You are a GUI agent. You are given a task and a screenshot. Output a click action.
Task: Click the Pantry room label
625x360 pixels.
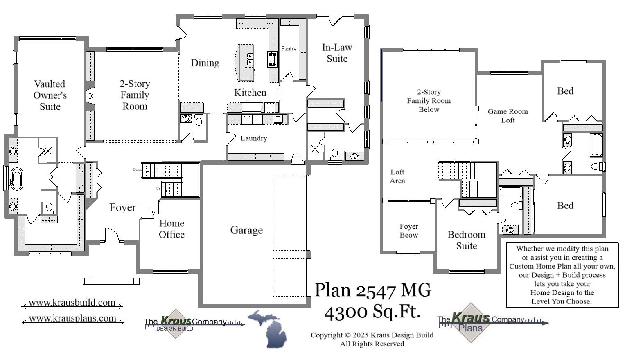click(x=289, y=48)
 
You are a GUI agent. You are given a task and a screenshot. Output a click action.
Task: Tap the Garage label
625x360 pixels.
click(x=246, y=230)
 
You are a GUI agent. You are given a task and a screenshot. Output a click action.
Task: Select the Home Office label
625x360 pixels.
click(x=171, y=229)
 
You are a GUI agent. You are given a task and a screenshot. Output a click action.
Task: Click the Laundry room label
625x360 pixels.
click(x=253, y=138)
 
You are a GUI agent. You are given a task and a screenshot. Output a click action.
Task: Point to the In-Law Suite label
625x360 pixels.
click(x=337, y=53)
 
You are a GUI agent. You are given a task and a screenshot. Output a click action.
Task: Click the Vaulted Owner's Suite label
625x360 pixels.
click(x=50, y=95)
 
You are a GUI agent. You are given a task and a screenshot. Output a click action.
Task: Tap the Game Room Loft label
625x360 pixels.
click(x=508, y=116)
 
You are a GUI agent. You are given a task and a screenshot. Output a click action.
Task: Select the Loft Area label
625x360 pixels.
click(x=397, y=177)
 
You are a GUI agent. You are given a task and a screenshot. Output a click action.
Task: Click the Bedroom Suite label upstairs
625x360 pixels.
click(x=466, y=240)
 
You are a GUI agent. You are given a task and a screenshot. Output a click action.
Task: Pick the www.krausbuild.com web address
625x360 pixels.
click(x=72, y=303)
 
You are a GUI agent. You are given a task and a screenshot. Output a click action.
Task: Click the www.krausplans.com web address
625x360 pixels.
click(x=72, y=318)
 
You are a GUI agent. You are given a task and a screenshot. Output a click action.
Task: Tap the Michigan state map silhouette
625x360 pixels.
click(x=268, y=328)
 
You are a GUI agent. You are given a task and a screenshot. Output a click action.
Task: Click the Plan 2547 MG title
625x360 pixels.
click(x=372, y=290)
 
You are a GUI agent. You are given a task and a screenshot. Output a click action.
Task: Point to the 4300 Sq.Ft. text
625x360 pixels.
click(x=372, y=312)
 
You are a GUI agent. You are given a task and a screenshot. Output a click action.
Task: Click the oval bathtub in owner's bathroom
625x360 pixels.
click(x=16, y=179)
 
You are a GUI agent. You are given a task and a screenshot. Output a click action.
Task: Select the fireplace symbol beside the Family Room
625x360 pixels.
click(x=90, y=96)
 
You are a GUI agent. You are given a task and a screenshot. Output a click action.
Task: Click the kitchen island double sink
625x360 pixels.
click(x=250, y=59)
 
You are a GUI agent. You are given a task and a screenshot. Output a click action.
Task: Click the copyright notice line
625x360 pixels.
click(x=372, y=335)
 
